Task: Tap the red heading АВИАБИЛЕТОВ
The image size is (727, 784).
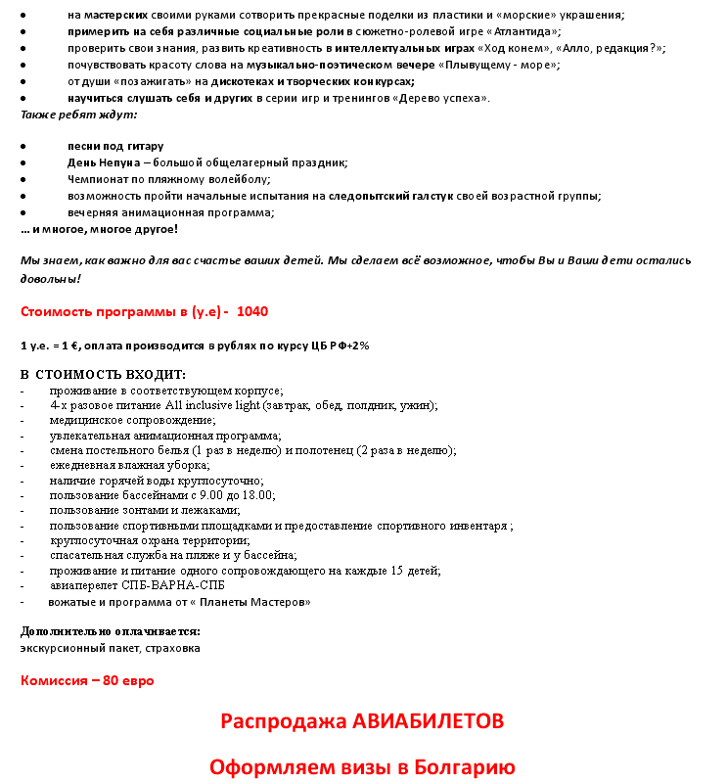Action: pos(419,721)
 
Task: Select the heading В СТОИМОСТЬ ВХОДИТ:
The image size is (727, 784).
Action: pos(103,374)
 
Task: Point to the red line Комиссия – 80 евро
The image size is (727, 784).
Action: pos(87,680)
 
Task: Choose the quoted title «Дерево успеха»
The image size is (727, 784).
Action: pos(439,98)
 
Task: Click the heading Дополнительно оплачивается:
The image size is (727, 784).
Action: pos(111,631)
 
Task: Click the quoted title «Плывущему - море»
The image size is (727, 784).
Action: pos(503,65)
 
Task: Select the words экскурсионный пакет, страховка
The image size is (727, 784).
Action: pos(111,648)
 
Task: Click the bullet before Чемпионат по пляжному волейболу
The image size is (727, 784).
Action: pos(23,179)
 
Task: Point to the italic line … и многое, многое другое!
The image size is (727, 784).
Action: pos(100,229)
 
